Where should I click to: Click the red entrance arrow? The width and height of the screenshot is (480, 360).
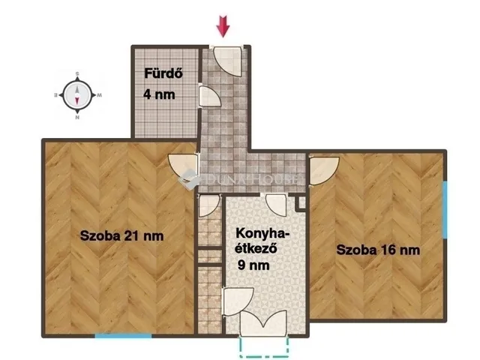point(223,26)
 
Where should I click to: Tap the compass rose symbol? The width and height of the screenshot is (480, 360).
point(77,95)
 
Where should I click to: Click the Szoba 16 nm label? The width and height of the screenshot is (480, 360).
point(377,250)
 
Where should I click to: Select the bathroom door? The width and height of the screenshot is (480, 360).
point(207,97)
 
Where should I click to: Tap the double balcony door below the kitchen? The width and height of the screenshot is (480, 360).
point(262,322)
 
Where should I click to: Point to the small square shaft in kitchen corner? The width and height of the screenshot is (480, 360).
point(300,202)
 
